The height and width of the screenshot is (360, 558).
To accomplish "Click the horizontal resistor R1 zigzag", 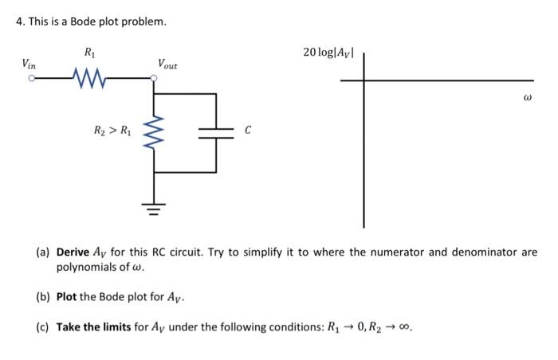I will (88, 78).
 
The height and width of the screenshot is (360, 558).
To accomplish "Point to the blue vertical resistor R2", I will (153, 132).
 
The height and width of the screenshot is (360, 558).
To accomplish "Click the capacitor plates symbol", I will (217, 132).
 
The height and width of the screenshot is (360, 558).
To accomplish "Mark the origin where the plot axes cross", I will (365, 80).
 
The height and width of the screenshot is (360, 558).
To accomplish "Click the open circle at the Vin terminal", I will (33, 78).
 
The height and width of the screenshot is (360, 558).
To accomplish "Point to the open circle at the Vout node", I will (154, 78).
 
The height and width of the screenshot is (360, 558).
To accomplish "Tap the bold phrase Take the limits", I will (95, 327).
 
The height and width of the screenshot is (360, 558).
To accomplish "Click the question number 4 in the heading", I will (19, 22).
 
